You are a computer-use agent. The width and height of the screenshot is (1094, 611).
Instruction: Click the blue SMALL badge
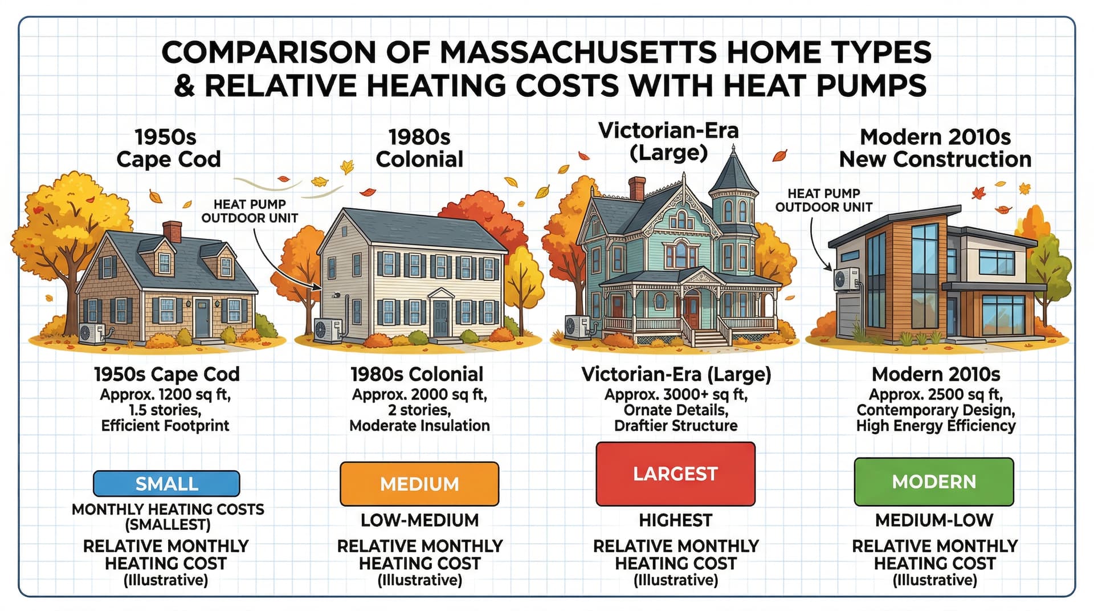coord(166,483)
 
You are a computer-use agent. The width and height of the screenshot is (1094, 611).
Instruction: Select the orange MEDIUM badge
coord(419,484)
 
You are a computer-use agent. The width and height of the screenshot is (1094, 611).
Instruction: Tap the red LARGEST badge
coord(675,474)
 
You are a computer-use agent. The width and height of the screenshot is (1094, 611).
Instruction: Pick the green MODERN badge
coord(934,482)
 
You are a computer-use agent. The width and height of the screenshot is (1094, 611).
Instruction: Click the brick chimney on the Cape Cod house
coord(172,231)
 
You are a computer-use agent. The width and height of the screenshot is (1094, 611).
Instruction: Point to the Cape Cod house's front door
coord(202,317)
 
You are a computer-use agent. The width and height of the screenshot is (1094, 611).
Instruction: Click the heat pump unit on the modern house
coord(846,279)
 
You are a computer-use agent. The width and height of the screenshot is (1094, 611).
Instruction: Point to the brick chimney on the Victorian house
coord(636,189)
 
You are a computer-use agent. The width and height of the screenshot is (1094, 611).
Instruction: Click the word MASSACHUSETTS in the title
coord(577,52)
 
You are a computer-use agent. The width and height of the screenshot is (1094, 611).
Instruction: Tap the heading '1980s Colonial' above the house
coord(419,148)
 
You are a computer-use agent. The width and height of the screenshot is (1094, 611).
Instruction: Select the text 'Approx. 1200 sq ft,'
coord(165,394)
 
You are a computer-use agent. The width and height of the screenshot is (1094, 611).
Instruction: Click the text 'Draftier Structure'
coord(676,426)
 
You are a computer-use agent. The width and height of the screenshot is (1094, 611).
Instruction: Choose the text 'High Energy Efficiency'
coord(936,426)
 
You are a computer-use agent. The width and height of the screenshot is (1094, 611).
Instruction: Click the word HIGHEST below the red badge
coord(675,520)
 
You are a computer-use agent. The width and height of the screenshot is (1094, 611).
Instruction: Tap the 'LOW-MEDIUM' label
coord(419,520)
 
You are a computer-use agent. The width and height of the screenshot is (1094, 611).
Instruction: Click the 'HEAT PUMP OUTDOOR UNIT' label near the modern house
coord(823,200)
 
